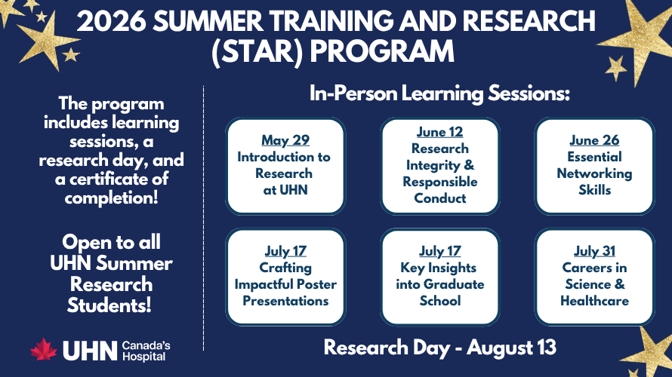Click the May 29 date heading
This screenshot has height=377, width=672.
(x=285, y=140)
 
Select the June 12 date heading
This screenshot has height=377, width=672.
(x=439, y=132)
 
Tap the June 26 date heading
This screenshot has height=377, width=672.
(x=594, y=140)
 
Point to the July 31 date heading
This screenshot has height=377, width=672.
(x=594, y=251)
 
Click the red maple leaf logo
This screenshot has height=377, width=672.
(x=43, y=350)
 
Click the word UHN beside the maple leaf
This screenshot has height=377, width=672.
(x=90, y=351)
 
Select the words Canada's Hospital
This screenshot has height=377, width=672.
(x=146, y=351)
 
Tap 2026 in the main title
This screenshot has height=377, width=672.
(x=112, y=21)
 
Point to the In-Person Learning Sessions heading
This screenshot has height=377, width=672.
(x=439, y=93)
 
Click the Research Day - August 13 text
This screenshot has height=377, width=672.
(x=439, y=347)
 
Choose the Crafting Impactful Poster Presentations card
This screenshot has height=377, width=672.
(x=285, y=277)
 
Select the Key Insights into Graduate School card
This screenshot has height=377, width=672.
(x=439, y=277)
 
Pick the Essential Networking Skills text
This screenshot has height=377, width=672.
(x=594, y=173)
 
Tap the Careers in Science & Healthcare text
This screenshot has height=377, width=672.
(x=594, y=284)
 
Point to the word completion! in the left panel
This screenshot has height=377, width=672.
(x=112, y=198)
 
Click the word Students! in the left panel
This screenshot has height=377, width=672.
(x=109, y=305)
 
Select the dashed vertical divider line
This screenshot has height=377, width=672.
(x=204, y=218)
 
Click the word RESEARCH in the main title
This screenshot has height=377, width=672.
(x=530, y=21)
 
